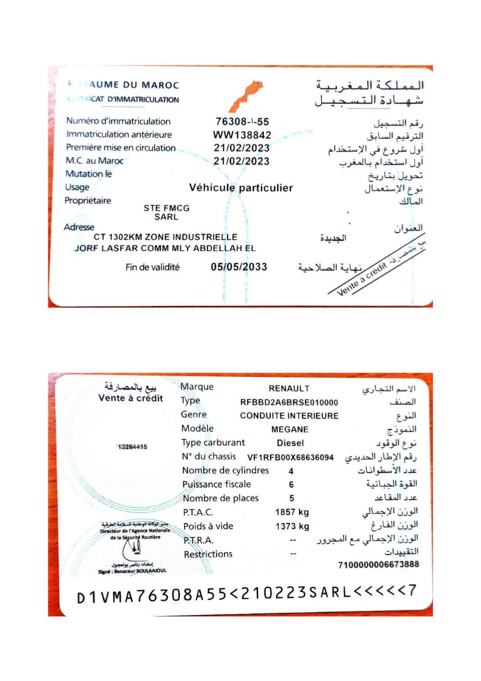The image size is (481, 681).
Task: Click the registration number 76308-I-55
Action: click(242, 121)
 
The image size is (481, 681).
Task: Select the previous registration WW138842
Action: click(242, 135)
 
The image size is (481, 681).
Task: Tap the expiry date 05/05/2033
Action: click(239, 267)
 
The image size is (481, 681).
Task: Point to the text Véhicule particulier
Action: click(241, 188)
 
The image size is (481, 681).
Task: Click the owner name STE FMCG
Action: click(167, 209)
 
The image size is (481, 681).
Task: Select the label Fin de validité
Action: click(153, 268)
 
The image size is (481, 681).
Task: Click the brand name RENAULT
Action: click(289, 388)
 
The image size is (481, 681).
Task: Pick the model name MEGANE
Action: click(290, 429)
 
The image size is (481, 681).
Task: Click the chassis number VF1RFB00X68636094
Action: click(291, 457)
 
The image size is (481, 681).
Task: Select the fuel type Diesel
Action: click(291, 443)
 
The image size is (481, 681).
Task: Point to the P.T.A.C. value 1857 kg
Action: click(292, 512)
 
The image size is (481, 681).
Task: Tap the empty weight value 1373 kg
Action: click(292, 526)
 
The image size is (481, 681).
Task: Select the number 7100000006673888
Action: click(378, 564)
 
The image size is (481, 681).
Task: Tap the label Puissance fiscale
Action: click(217, 484)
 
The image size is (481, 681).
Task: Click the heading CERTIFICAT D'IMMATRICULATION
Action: click(123, 99)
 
